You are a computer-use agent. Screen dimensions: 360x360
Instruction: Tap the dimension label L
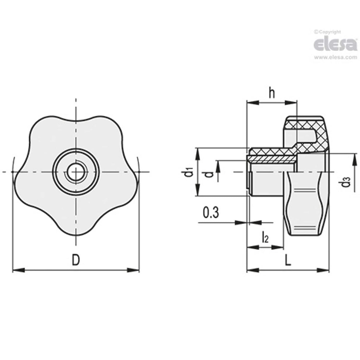[x=288, y=260]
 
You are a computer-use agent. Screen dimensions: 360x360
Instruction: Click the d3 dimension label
[x=346, y=182]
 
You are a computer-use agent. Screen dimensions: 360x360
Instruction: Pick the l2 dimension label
[x=265, y=238]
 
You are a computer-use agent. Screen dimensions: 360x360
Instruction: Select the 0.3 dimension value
[x=211, y=213]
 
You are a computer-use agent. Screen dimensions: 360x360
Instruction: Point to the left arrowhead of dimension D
[x=18, y=270]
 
